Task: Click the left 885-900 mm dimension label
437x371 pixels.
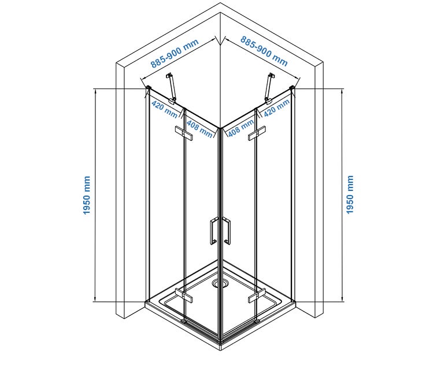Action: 175,54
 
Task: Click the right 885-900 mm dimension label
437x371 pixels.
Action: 264,51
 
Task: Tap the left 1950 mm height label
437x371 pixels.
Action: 87,195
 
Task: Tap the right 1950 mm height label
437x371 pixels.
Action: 350,194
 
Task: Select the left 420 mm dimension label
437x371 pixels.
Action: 164,109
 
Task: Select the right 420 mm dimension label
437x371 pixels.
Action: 277,108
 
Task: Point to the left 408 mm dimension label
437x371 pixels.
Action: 199,129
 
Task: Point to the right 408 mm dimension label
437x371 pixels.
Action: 241,128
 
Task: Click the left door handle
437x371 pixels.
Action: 213,231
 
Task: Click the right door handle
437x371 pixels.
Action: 227,231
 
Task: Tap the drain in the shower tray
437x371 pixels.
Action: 220,283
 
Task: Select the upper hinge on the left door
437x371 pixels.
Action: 184,133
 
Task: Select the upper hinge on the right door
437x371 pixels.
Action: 257,133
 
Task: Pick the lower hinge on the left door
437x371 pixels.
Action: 184,295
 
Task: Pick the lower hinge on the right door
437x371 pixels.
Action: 257,295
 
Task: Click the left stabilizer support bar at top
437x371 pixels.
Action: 171,88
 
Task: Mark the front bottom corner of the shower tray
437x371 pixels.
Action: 220,350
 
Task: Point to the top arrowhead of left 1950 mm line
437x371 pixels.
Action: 95,91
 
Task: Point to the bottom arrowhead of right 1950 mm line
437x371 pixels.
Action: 342,299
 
